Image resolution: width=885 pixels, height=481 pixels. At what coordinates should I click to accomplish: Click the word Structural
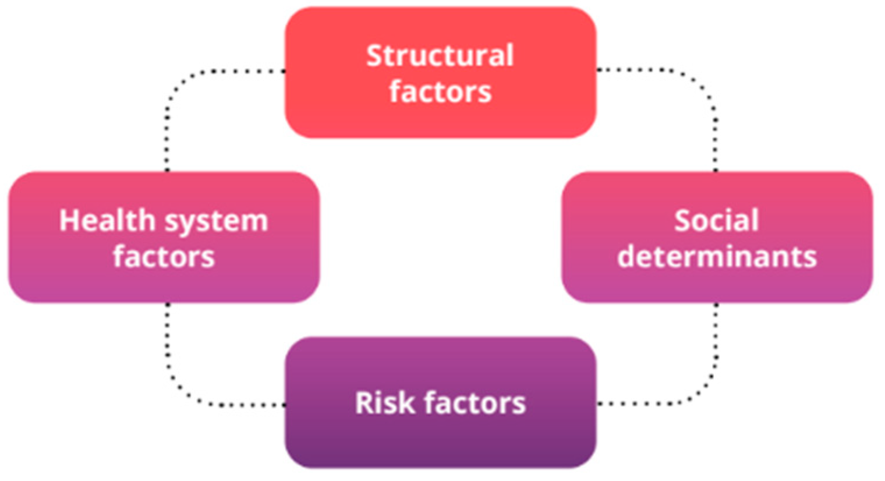pyautogui.click(x=440, y=56)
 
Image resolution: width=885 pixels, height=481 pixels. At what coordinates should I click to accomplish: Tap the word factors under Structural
pyautogui.click(x=440, y=92)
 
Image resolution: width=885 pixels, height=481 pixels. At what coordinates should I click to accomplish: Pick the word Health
pyautogui.click(x=108, y=221)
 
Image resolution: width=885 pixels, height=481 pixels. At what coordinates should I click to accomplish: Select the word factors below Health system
pyautogui.click(x=164, y=257)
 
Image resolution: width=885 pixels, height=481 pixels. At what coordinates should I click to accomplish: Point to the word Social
pyautogui.click(x=717, y=221)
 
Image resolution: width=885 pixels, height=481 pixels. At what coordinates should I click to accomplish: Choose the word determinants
pyautogui.click(x=717, y=257)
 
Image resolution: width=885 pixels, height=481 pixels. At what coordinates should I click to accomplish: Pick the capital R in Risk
pyautogui.click(x=364, y=403)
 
